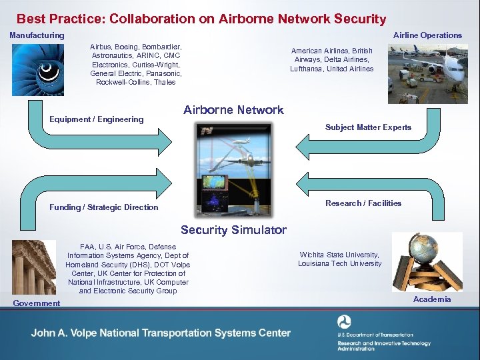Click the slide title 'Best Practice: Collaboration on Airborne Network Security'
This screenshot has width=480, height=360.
click(x=201, y=19)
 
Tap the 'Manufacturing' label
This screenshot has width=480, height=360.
click(x=37, y=35)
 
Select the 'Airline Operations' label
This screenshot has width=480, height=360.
click(x=427, y=35)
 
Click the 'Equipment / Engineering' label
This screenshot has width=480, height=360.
click(x=97, y=119)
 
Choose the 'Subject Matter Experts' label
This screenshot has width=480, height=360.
click(x=368, y=127)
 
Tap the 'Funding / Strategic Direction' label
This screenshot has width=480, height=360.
click(x=104, y=207)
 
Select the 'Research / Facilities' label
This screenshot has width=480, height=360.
click(x=363, y=203)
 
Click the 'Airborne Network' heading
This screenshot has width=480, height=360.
click(x=233, y=110)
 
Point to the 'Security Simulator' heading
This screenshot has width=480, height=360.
click(x=233, y=230)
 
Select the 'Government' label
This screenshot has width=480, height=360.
click(x=37, y=303)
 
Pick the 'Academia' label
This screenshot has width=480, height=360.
click(x=432, y=299)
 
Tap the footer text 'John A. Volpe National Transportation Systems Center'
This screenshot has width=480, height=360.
click(x=161, y=333)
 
